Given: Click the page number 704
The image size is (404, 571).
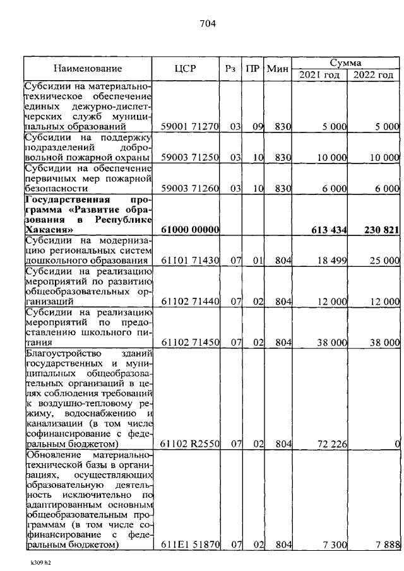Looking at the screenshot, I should (x=208, y=24).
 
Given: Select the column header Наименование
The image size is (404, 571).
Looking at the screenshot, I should (x=88, y=69).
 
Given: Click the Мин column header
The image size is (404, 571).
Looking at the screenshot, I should (x=278, y=69).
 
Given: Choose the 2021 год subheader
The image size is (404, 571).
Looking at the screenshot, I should (x=319, y=75).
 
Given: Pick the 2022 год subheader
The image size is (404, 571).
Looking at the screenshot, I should (x=373, y=75).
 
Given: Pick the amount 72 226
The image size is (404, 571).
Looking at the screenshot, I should (x=333, y=445).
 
